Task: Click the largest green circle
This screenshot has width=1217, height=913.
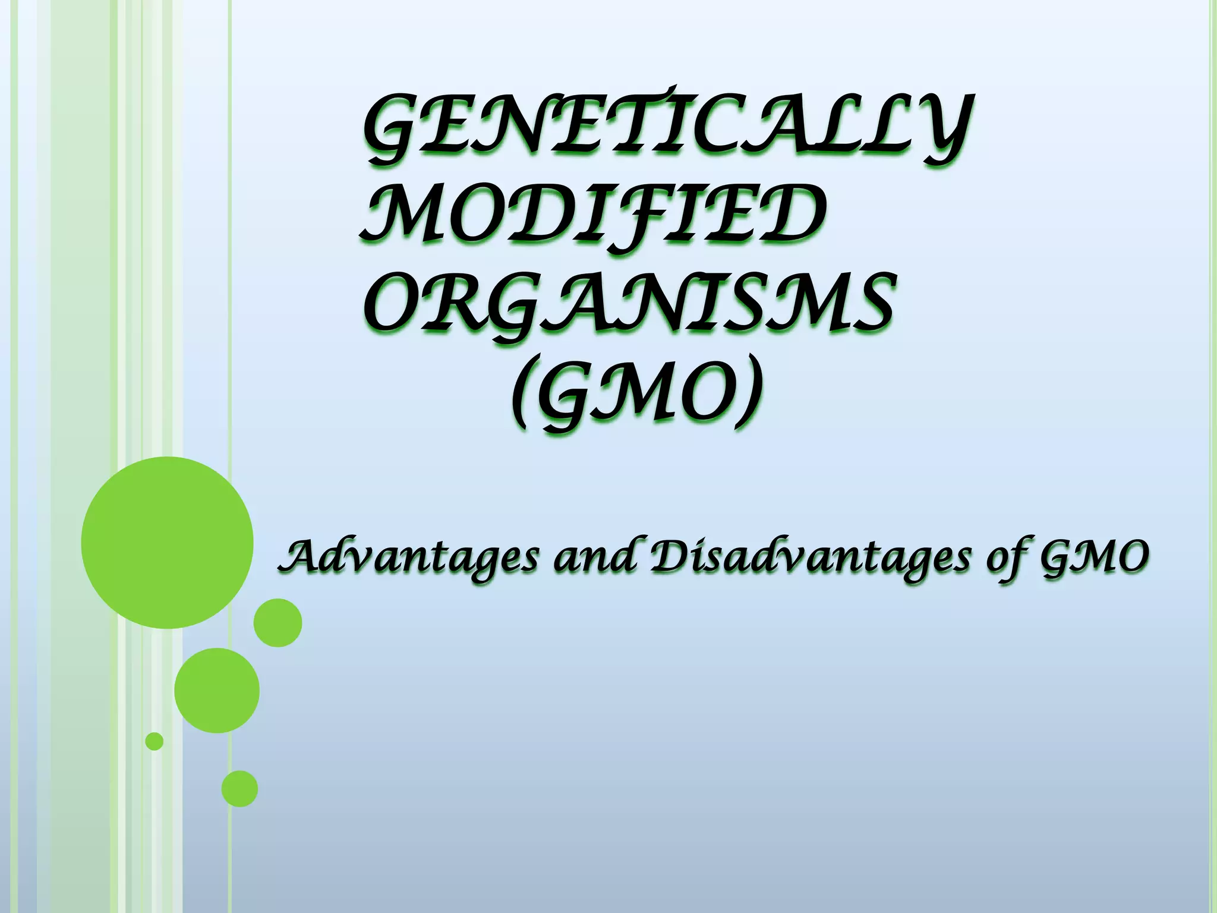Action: (x=167, y=542)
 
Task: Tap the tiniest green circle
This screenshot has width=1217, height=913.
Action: (x=155, y=741)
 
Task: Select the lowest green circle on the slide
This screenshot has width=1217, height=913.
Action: (x=239, y=789)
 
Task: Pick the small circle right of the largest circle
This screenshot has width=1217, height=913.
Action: (x=278, y=622)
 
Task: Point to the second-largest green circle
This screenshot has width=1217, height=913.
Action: (x=217, y=690)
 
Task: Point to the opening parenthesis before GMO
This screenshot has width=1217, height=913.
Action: (x=523, y=395)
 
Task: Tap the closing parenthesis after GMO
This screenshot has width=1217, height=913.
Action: (x=748, y=395)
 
